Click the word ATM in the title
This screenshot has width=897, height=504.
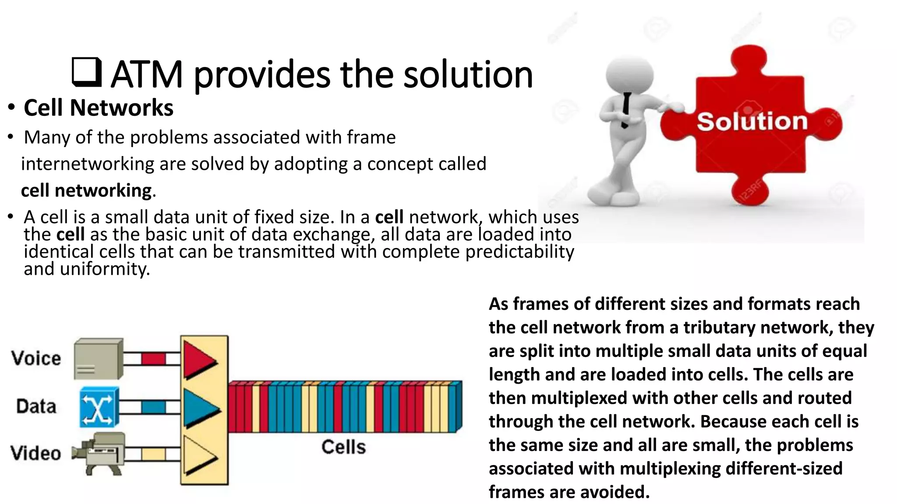(x=146, y=74)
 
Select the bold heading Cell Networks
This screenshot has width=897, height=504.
(x=99, y=108)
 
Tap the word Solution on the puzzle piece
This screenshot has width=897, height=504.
(x=752, y=121)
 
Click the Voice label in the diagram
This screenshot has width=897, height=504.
(x=36, y=358)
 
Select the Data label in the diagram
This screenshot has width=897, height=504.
(x=36, y=406)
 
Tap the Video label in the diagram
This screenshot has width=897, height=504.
(x=36, y=453)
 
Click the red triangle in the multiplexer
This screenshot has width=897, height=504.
(x=198, y=360)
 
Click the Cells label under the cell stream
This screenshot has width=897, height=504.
(x=343, y=447)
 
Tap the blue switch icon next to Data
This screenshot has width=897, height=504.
(x=99, y=407)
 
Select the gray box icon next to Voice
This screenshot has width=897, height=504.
(x=98, y=359)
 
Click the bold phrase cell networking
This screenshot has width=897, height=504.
(x=87, y=191)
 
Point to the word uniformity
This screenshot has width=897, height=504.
(x=105, y=269)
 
